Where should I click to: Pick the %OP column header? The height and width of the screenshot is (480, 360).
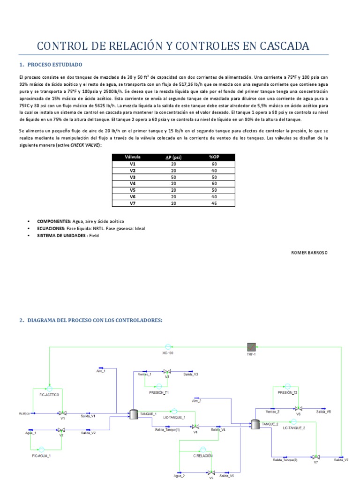coord(214,157)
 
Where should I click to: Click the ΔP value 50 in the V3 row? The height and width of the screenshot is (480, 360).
coord(173,178)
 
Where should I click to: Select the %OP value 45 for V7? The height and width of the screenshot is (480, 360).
coord(214,203)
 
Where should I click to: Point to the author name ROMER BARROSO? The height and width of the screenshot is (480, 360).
coord(310,252)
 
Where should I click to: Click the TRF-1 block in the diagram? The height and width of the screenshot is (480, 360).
coord(253,347)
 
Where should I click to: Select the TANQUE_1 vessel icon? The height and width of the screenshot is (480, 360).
coord(133,414)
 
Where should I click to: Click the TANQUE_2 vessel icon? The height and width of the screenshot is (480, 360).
coord(255,424)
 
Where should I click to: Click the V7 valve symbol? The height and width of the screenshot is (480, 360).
coord(316,456)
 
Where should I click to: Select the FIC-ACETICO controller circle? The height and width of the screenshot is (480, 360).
coord(49,389)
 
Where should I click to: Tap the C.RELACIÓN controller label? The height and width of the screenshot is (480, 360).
coord(203,456)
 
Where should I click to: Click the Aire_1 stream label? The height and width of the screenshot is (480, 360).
coord(101,371)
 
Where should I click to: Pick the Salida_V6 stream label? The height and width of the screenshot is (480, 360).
coord(323,411)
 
